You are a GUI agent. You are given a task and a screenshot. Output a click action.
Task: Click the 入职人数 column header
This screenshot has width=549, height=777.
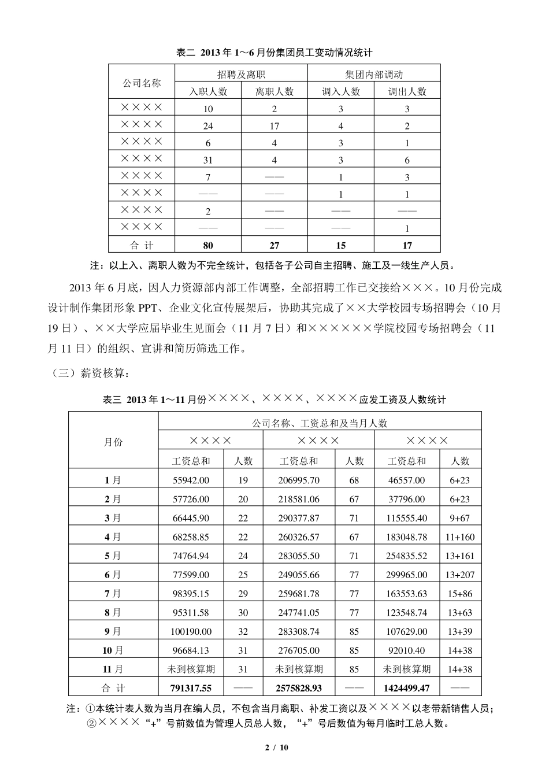pyautogui.click(x=209, y=91)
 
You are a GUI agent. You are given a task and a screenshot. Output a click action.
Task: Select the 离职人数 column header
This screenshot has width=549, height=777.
pyautogui.click(x=274, y=91)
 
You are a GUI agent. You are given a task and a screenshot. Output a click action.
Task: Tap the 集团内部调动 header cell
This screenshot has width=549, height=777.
pyautogui.click(x=374, y=74)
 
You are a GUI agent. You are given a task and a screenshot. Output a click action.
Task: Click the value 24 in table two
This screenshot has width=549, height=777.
pyautogui.click(x=208, y=126)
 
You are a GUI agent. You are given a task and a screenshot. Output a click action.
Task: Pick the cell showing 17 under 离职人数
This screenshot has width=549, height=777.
pyautogui.click(x=274, y=126)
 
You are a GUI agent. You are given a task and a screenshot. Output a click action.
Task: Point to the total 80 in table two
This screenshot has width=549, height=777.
pyautogui.click(x=208, y=246)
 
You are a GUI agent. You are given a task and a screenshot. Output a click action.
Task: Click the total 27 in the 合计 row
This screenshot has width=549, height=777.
pyautogui.click(x=274, y=246)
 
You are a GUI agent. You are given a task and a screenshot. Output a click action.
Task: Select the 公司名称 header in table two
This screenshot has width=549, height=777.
pyautogui.click(x=142, y=83)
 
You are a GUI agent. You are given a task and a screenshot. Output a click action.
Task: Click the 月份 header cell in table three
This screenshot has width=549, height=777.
pyautogui.click(x=113, y=442)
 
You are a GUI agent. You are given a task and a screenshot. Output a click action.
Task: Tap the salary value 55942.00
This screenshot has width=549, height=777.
pyautogui.click(x=191, y=480)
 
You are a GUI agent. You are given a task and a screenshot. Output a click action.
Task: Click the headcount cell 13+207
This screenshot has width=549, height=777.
pyautogui.click(x=460, y=575)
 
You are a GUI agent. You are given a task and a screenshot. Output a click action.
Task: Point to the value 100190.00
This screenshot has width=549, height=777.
pyautogui.click(x=191, y=632)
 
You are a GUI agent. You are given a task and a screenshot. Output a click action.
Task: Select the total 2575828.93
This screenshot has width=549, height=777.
pyautogui.click(x=299, y=688)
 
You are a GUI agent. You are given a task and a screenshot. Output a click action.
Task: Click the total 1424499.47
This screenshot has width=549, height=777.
pyautogui.click(x=407, y=688)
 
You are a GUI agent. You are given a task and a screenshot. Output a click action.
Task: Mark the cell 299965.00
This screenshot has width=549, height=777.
pyautogui.click(x=407, y=575)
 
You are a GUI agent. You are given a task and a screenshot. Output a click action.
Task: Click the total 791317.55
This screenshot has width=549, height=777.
pyautogui.click(x=191, y=688)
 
